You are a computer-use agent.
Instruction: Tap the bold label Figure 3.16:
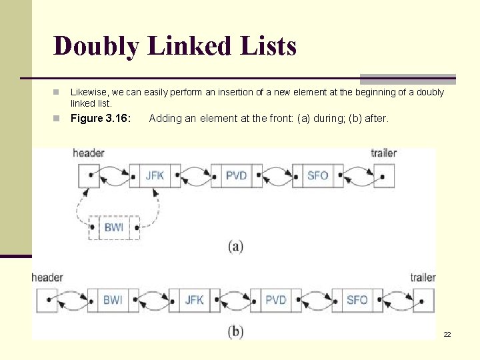[x=101, y=119]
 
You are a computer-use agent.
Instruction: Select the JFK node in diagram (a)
[x=155, y=176]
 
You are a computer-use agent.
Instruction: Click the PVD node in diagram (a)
[x=236, y=176]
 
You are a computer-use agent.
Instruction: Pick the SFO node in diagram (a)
[x=317, y=176]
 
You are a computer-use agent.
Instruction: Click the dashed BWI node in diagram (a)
[x=114, y=227]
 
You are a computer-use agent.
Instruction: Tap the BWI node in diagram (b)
[x=113, y=300]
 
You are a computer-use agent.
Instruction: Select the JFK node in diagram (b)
[x=194, y=300]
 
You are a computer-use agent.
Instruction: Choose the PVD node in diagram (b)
[x=275, y=300]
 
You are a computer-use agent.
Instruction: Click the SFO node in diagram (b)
[x=357, y=300]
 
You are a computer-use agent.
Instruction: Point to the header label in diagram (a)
[x=89, y=153]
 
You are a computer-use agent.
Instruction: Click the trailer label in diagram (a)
[x=383, y=153]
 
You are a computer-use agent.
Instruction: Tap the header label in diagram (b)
[x=47, y=277]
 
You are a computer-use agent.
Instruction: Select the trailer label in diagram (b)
[x=423, y=277]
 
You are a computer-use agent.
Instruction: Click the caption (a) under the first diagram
[x=235, y=247]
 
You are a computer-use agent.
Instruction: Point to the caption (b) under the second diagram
[x=235, y=331]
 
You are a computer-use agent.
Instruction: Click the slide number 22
[x=447, y=334]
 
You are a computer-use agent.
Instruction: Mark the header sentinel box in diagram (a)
[x=89, y=176]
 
